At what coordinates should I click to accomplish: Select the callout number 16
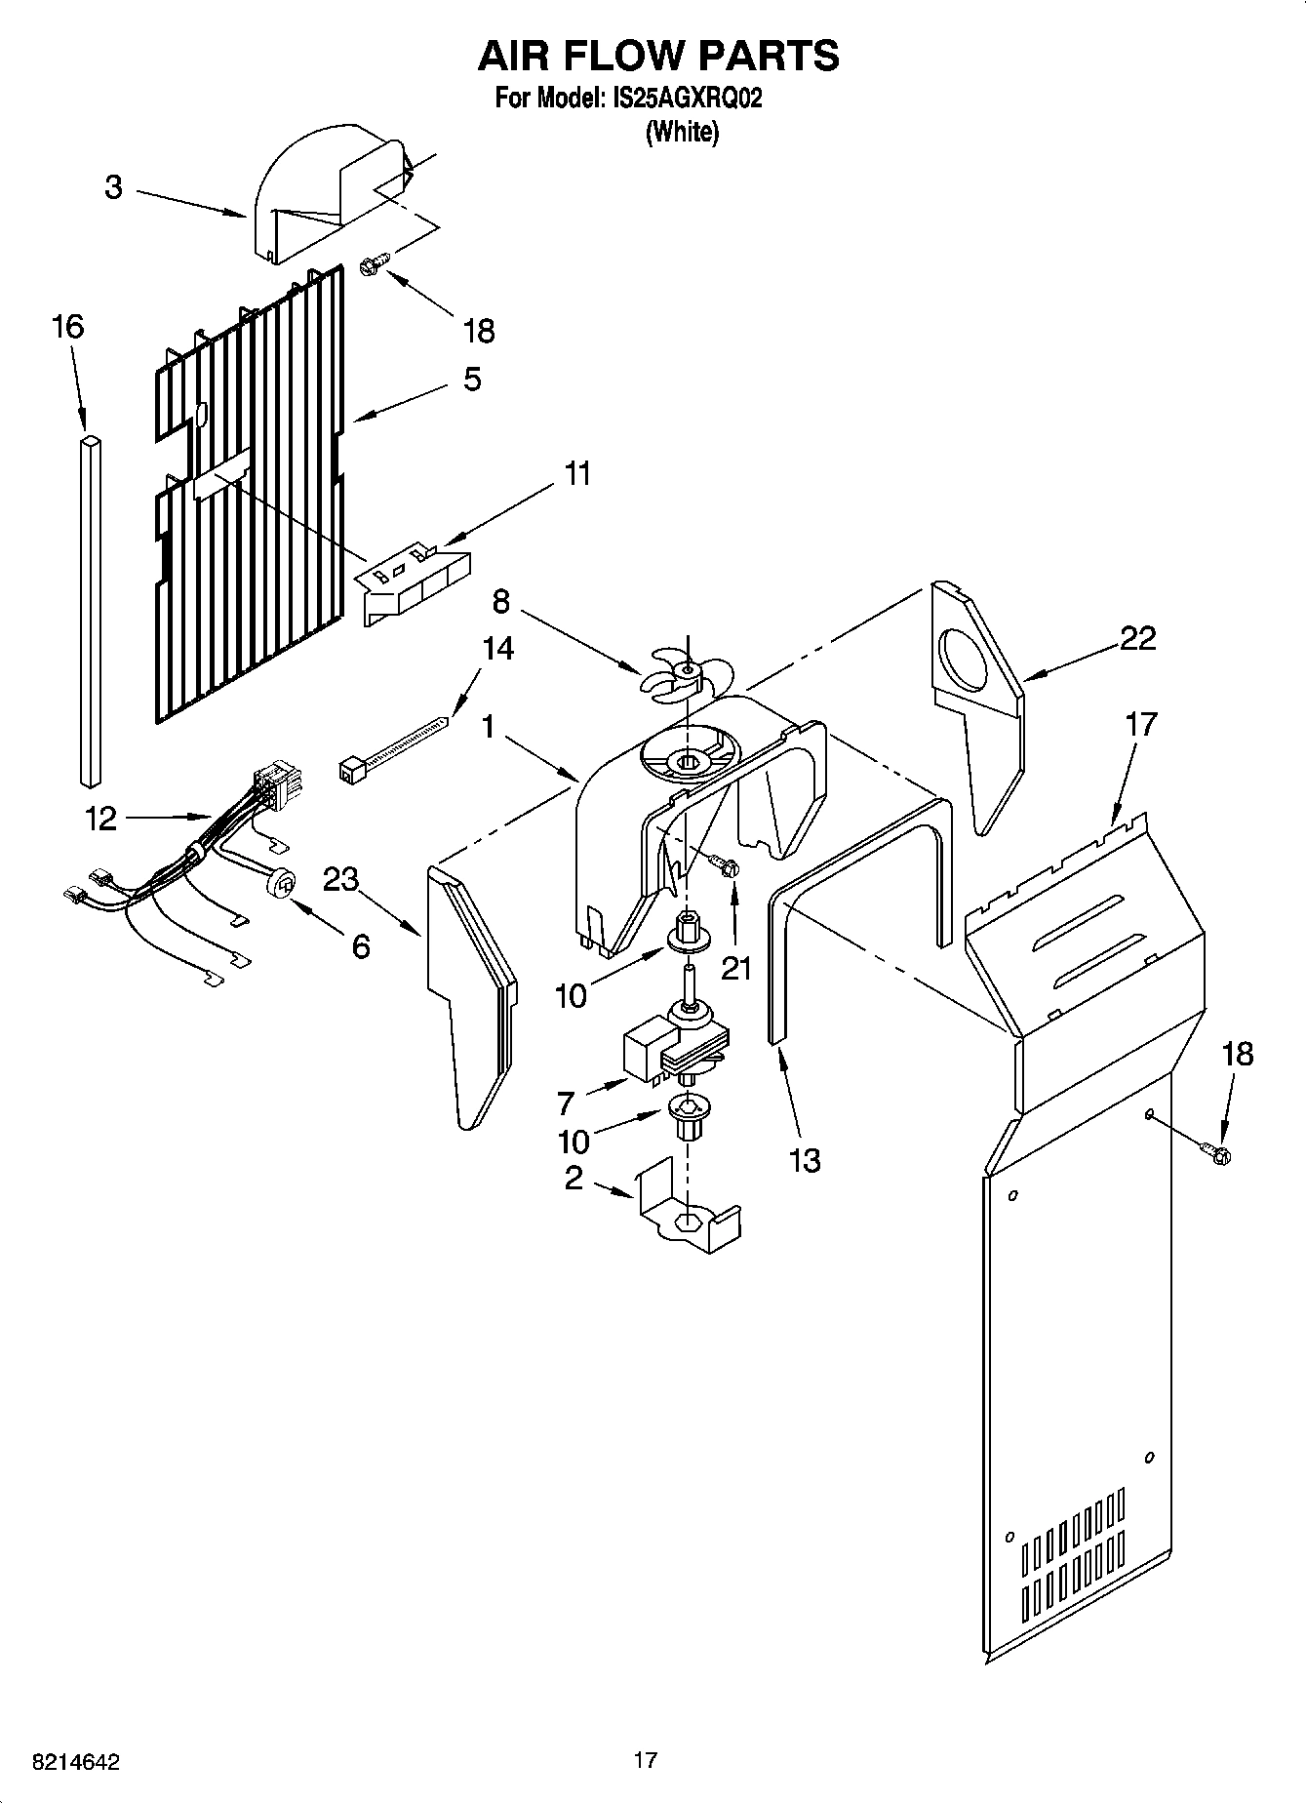click(x=67, y=327)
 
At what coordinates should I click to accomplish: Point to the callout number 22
click(x=1137, y=638)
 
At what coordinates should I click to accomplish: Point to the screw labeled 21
click(x=724, y=864)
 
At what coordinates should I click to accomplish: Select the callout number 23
click(x=340, y=880)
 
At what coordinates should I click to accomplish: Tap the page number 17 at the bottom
click(x=645, y=1760)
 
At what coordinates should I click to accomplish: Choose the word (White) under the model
click(x=682, y=132)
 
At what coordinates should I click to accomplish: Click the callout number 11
click(x=577, y=475)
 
